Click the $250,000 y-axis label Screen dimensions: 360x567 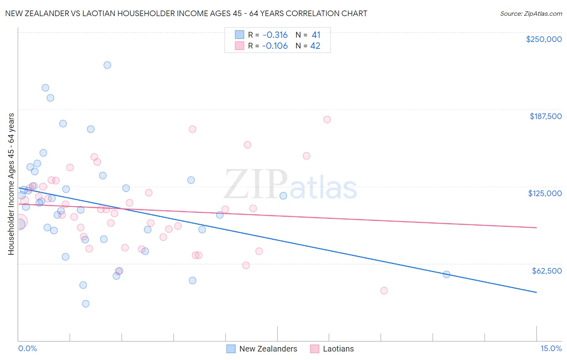coord(544,39)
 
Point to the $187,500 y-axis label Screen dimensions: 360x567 coord(545,116)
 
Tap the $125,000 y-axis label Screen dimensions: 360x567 coord(545,193)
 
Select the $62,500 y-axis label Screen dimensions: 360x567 coord(546,271)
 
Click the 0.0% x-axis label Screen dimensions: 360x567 coord(27,348)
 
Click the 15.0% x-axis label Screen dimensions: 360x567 coord(551,348)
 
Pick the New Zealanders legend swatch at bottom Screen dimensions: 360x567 coord(231,349)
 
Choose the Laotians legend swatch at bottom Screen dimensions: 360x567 coord(315,349)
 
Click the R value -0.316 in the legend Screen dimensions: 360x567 coord(275,35)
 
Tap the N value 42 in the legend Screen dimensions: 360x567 coord(315,46)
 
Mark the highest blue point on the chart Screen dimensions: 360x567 coord(107,65)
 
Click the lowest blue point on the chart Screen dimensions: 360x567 coord(85,303)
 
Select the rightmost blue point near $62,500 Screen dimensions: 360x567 coord(446,274)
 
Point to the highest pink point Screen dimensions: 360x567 coord(327,119)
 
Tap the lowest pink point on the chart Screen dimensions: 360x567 coord(384,291)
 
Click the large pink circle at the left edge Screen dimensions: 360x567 coord(19,222)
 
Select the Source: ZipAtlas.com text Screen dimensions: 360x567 coord(531,13)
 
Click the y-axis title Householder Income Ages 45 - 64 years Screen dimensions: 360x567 coord(11,184)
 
